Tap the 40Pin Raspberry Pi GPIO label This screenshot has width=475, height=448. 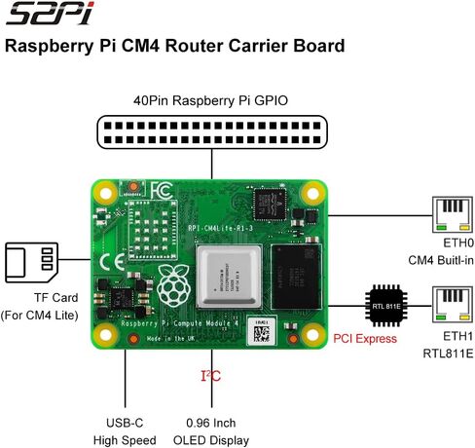point(211,100)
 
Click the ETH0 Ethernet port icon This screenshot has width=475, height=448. point(452,217)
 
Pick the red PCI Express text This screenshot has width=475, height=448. point(365,339)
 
